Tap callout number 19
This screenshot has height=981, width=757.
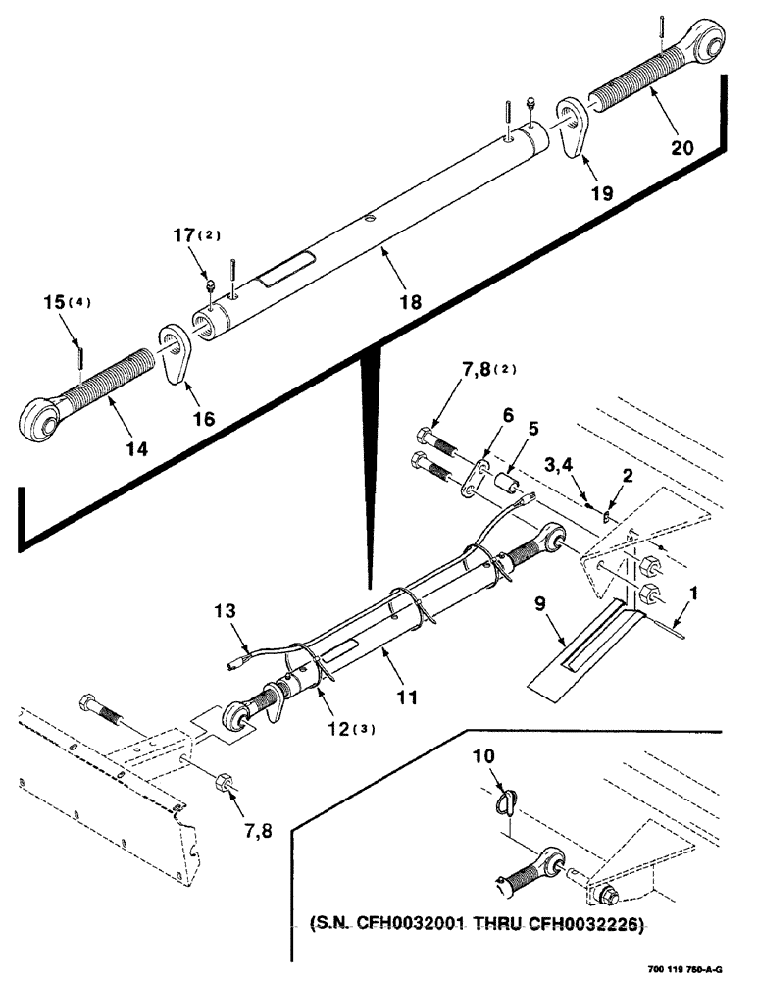pyautogui.click(x=601, y=192)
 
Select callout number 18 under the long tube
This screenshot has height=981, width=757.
pyautogui.click(x=409, y=303)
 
